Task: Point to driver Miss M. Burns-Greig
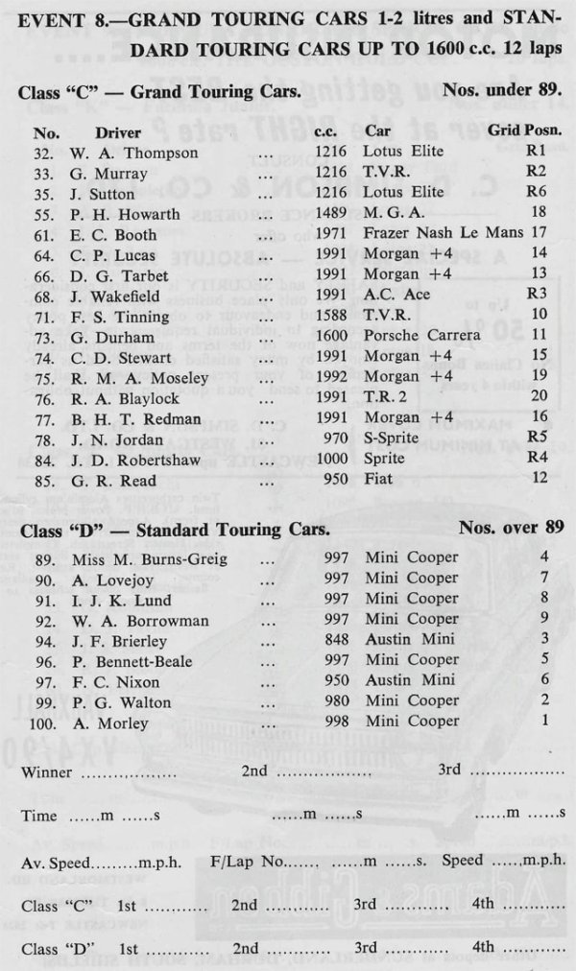pos(149,557)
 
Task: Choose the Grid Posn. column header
pos(525,130)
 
